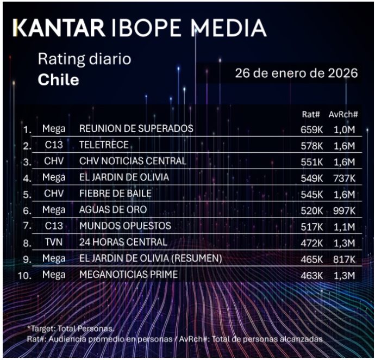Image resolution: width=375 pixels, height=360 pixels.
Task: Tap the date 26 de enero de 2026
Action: click(296, 73)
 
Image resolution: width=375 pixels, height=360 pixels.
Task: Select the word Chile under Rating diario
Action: click(58, 80)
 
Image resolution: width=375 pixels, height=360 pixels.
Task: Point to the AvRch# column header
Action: click(343, 115)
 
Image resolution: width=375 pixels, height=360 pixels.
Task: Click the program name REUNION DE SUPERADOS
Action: click(136, 129)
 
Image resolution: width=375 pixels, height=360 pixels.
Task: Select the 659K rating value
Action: click(311, 129)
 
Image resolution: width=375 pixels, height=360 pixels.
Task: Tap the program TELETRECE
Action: click(104, 145)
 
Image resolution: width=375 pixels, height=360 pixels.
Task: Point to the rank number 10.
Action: click(24, 275)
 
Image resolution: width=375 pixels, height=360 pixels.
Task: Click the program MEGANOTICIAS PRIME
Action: click(128, 275)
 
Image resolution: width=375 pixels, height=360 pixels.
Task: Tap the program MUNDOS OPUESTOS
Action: click(125, 226)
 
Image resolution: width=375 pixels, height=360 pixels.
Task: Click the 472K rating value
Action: click(311, 243)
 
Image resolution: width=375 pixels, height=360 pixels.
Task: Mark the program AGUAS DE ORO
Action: click(112, 210)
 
